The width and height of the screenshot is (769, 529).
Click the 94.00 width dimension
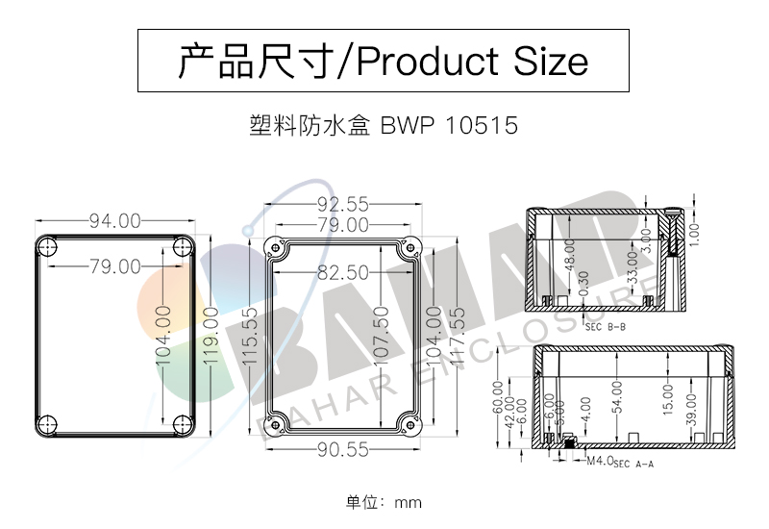tap(115, 221)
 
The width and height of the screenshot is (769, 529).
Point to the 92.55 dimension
tap(343, 204)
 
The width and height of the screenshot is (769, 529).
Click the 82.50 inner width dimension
tap(343, 273)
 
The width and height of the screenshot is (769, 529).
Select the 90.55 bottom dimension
tap(343, 448)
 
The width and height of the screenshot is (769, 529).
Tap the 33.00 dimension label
tap(632, 264)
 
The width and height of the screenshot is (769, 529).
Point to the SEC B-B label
tap(605, 326)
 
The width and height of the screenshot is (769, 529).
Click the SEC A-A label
tap(633, 465)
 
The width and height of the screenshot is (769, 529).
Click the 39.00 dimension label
tap(690, 408)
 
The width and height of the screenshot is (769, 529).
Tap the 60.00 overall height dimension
tap(498, 396)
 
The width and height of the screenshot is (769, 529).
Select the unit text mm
tap(409, 502)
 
